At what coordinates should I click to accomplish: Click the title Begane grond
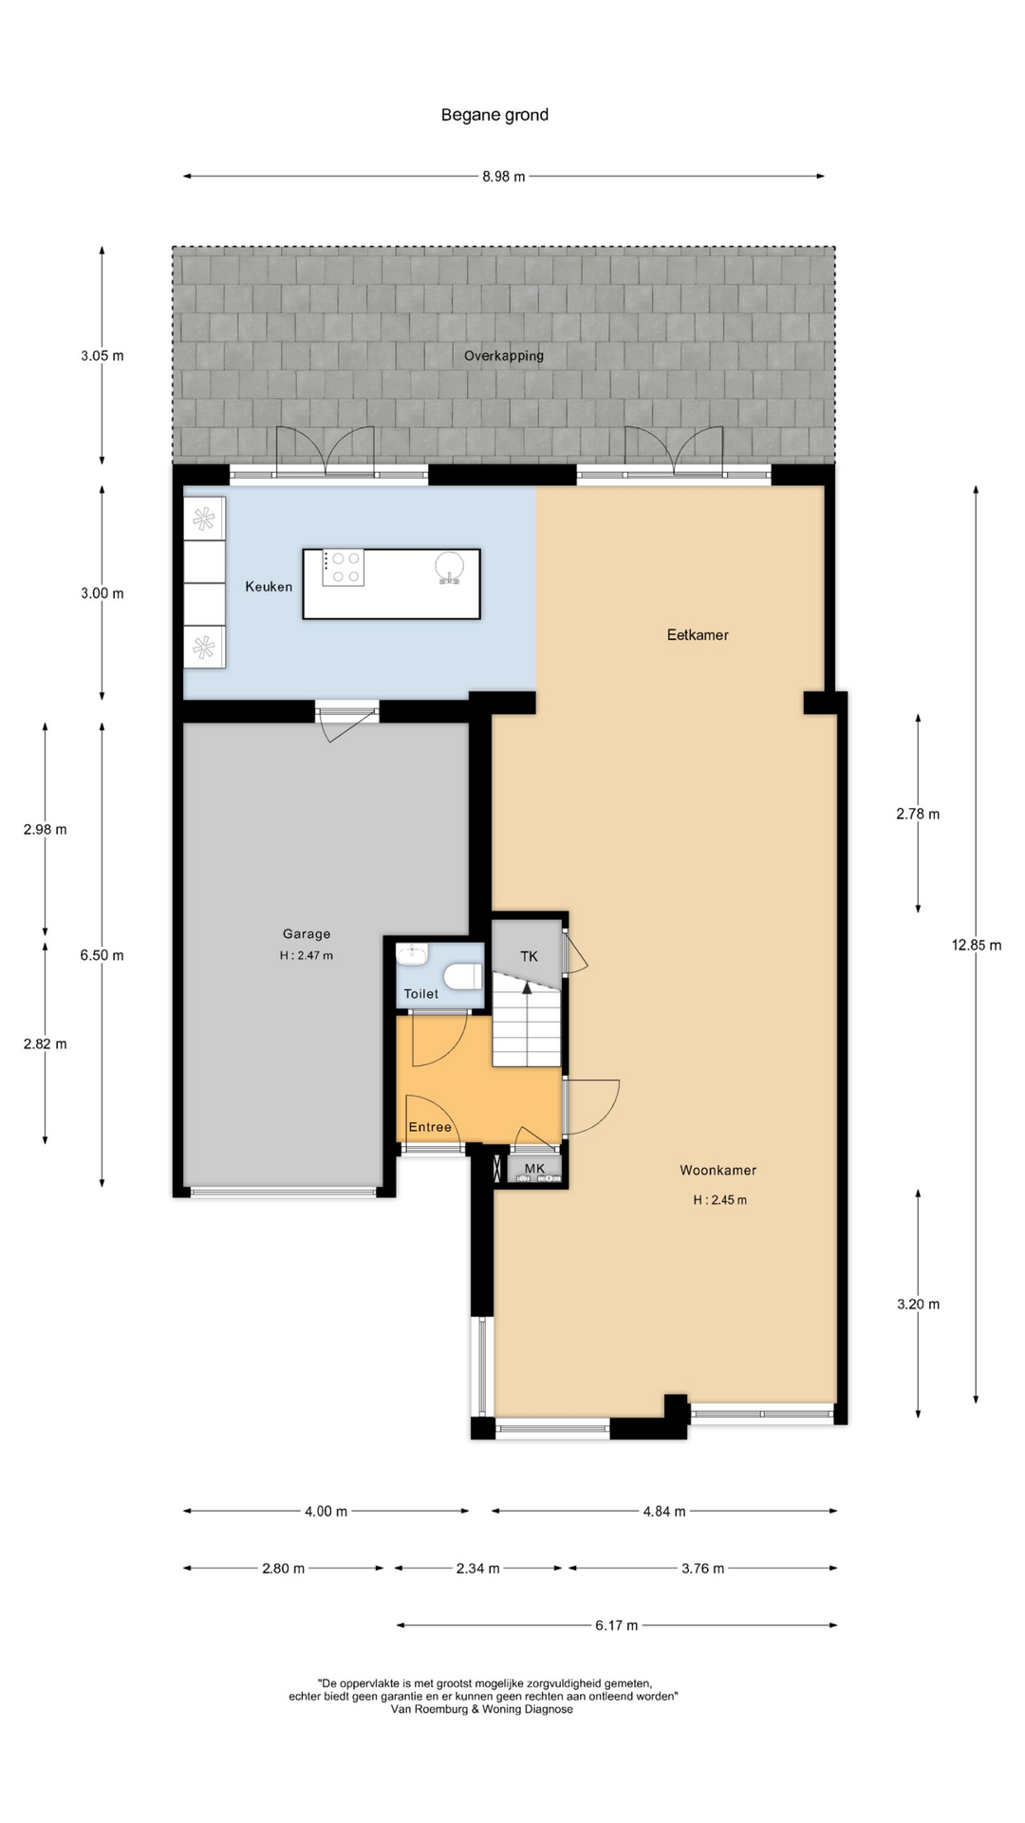pos(494,115)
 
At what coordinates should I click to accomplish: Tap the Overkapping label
pos(504,356)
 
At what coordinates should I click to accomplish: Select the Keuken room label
pos(269,587)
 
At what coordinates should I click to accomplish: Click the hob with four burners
pos(343,568)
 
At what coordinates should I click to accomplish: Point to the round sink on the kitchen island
pos(450,566)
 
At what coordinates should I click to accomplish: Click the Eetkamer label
pos(698,635)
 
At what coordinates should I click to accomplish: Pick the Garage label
pos(307,934)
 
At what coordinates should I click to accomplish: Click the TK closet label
pos(529,956)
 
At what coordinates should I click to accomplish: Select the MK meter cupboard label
pos(534,1169)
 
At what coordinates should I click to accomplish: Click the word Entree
pos(430,1127)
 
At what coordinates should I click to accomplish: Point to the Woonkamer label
pos(718,1171)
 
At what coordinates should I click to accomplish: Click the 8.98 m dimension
pos(504,176)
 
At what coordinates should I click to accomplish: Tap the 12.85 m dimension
pos(977,945)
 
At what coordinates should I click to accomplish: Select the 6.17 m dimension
pos(617,1626)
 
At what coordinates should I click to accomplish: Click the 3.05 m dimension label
pos(102,356)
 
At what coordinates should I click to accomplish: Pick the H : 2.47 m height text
pos(307,956)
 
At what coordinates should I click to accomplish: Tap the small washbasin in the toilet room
pos(413,953)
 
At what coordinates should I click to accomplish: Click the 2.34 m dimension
pos(477,1569)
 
